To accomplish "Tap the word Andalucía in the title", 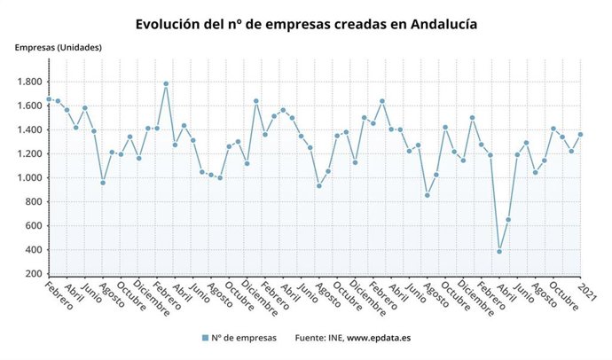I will [438, 24].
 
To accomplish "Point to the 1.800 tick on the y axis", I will [30, 82].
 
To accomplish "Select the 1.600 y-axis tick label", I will [30, 106].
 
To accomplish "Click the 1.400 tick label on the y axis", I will [30, 129].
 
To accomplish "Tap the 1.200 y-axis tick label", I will [30, 153].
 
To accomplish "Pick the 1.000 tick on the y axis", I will [30, 177].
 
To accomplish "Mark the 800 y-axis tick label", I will [35, 201].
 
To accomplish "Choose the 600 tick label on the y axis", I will [35, 225].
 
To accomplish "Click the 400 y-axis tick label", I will [35, 249].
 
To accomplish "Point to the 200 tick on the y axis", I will [35, 273].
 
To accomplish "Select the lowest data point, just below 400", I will [499, 252].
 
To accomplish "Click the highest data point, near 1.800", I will [166, 84].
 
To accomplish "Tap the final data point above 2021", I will [581, 135].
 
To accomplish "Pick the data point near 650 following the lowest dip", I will [508, 220].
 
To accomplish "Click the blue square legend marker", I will [205, 338].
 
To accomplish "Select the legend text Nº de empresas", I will [244, 338].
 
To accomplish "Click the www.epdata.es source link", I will [379, 338].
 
